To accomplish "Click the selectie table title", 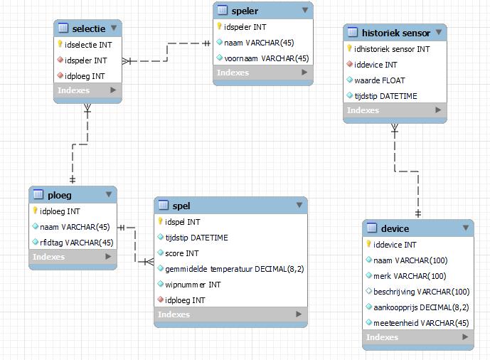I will coord(88,28).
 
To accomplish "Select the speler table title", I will coord(245,11).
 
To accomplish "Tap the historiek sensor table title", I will coord(395,33).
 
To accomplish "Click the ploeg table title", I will coord(59,194).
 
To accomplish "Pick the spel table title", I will coord(181,206).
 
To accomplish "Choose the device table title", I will coord(395,228).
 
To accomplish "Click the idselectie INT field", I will coord(88,44).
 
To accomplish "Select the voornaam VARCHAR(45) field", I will coord(266,58).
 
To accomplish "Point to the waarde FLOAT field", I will coord(379,80).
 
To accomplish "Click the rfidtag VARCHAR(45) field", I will coord(77,242).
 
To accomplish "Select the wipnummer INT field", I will coord(193,285).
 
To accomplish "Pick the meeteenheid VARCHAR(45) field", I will coord(421,322).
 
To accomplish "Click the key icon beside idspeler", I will coord(220,27).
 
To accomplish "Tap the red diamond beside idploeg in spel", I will coord(160,300).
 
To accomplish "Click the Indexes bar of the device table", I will coord(417,337).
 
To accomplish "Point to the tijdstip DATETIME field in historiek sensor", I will coord(386,96).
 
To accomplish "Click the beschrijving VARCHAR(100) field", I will coord(421,292).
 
